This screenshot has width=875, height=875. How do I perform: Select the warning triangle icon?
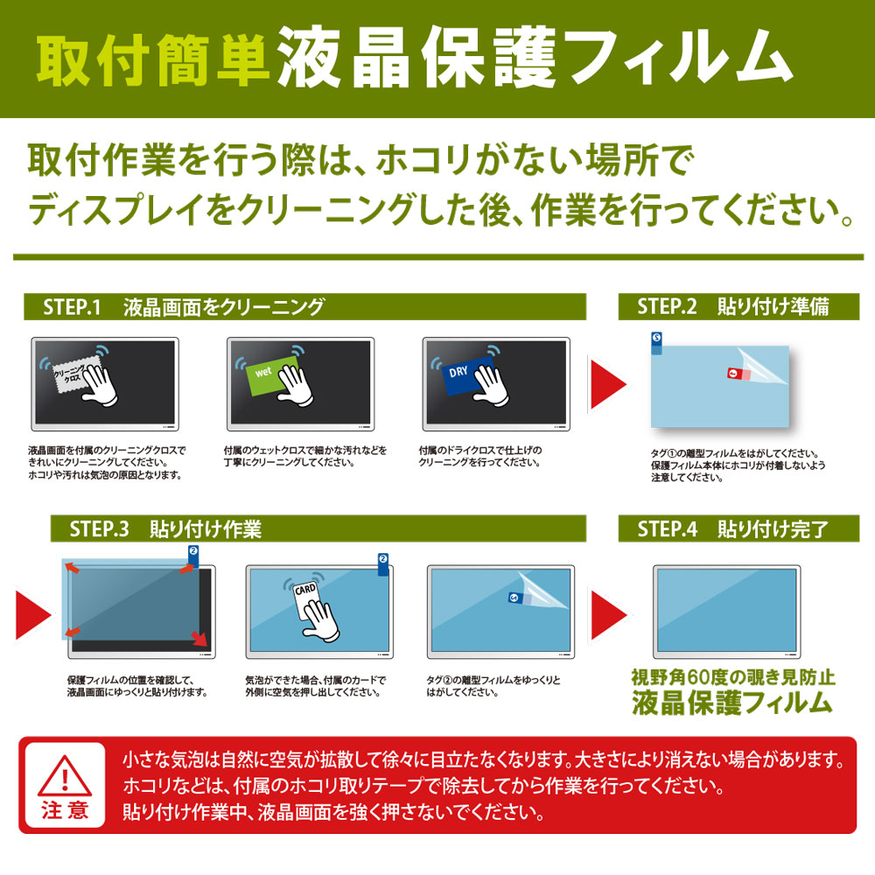[x=65, y=776]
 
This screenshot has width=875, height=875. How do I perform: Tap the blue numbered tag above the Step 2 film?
[x=657, y=343]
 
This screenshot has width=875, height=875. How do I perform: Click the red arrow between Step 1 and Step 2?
[x=608, y=384]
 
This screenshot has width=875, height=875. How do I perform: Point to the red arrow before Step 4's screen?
[x=608, y=615]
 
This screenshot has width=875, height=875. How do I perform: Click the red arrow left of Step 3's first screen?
[x=33, y=615]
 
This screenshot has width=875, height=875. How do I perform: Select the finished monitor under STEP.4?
[x=726, y=612]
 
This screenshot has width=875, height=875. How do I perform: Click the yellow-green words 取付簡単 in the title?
[x=152, y=61]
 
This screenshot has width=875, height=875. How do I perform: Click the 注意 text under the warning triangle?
[x=65, y=809]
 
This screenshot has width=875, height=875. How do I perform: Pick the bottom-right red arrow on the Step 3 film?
[x=199, y=639]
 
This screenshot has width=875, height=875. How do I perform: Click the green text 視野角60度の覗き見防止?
[x=732, y=677]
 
